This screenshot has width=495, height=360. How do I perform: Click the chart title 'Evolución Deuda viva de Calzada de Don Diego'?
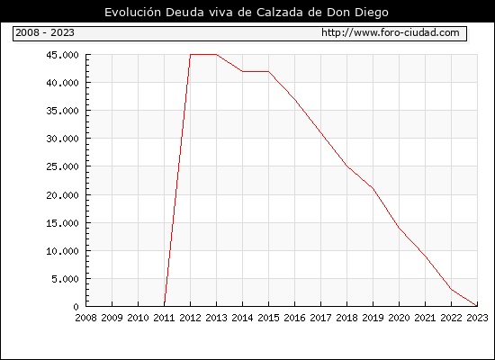pos(247,13)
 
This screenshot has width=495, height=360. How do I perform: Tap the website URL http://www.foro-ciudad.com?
pos(391,32)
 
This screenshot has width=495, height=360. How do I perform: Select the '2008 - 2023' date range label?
pos(45,32)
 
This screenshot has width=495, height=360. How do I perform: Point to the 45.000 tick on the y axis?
pos(62,55)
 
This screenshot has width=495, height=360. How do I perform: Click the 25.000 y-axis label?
pos(62,166)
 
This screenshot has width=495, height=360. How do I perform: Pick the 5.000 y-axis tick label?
pos(66,279)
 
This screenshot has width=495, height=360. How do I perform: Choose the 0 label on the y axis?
pos(76,307)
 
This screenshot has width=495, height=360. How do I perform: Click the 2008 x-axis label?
pos(85,318)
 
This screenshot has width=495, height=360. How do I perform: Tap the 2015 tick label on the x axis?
pos(269,318)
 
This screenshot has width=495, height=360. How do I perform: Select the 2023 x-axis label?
pos(477,318)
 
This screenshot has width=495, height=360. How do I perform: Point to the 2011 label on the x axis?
pos(164,318)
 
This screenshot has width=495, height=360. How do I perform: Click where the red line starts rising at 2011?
pos(165,305)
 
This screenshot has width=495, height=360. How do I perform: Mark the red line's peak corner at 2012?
pos(191,55)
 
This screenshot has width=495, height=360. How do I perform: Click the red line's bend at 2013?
pos(217,55)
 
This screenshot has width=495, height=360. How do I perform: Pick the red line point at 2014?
pos(242,71)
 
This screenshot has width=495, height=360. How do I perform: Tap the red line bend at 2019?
pos(373,188)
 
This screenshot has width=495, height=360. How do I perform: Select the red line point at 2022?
pos(452,289)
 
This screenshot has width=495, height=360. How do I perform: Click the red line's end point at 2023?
pos(477,306)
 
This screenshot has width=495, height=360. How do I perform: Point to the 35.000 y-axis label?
pos(62,111)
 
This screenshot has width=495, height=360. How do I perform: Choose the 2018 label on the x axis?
pos(346,318)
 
